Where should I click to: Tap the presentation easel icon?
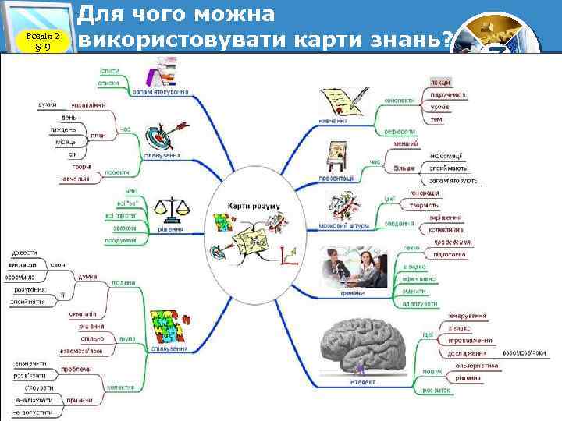pyautogui.click(x=339, y=156)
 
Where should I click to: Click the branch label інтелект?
pyautogui.click(x=362, y=382)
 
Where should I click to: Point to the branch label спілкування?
pyautogui.click(x=168, y=348)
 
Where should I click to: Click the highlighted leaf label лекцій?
pyautogui.click(x=440, y=81)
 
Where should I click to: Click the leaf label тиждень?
pyautogui.click(x=63, y=129)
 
